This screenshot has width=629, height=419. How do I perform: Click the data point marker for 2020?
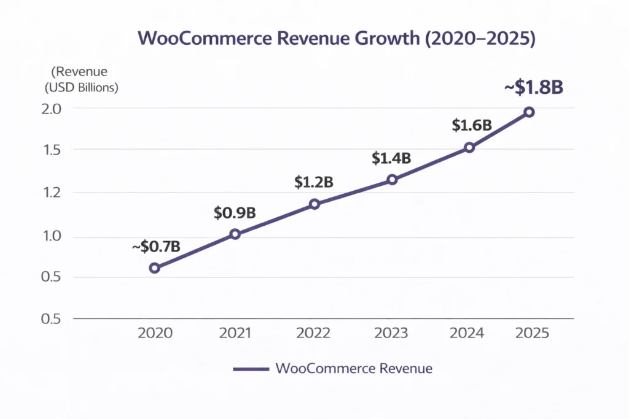point(155,268)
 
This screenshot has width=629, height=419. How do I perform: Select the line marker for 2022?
point(314,204)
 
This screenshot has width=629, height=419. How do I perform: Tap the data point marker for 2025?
point(529,112)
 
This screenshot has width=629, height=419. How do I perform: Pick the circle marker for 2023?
point(393,180)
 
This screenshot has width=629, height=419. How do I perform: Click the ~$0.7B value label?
point(155,247)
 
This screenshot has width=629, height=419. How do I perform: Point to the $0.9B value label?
point(235,213)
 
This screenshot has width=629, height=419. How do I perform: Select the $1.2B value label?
point(313,182)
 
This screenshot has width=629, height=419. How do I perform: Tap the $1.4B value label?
point(391,158)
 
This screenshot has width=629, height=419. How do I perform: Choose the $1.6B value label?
point(472,125)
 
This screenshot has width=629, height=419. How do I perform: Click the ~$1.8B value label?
point(534,88)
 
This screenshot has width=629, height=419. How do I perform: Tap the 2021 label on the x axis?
point(235,333)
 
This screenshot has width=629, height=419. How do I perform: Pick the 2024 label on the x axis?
point(467,333)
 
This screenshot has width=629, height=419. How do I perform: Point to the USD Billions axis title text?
point(81,87)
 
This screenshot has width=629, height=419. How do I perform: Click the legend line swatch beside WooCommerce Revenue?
point(251,369)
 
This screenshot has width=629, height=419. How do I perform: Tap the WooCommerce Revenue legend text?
point(354,369)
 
